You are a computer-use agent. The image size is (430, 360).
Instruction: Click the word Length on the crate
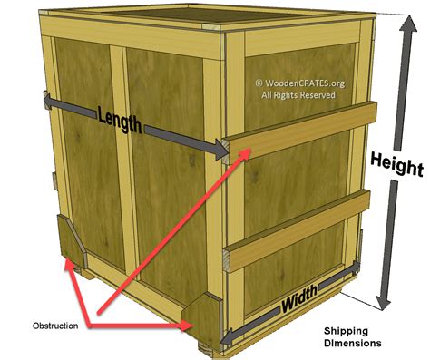[118, 118]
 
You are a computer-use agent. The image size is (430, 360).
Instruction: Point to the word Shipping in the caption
[347, 331]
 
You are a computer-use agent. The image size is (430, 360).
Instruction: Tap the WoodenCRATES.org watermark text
[305, 83]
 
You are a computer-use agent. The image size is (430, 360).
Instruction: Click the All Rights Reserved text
[298, 94]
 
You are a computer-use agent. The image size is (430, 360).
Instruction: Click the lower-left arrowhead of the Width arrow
[227, 335]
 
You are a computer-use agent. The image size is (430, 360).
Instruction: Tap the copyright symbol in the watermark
[259, 83]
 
